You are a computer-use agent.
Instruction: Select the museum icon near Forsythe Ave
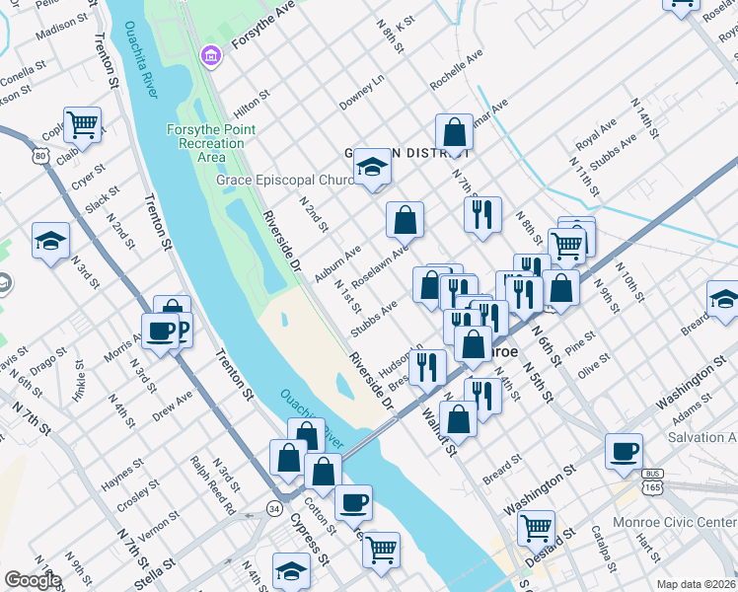211,57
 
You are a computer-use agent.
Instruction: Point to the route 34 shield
273,508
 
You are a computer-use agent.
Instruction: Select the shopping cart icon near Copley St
84,124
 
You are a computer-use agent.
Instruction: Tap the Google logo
33,580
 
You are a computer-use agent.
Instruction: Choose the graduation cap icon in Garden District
373,167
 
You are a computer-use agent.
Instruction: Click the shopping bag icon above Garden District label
454,132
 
